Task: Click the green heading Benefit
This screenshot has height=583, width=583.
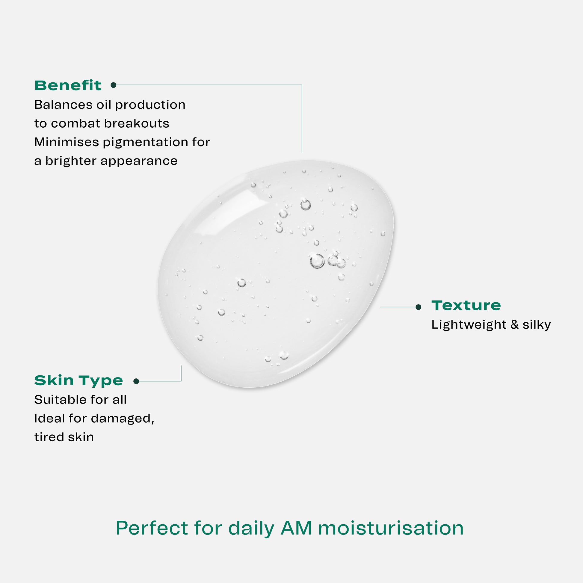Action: click(x=68, y=85)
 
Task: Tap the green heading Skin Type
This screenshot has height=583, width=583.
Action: click(x=78, y=381)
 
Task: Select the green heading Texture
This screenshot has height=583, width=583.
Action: click(x=466, y=305)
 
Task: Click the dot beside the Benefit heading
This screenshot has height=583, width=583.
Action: click(x=114, y=85)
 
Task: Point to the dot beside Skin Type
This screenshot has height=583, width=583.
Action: click(x=136, y=381)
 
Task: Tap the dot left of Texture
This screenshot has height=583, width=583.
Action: click(x=418, y=307)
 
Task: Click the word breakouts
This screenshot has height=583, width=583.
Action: click(x=137, y=123)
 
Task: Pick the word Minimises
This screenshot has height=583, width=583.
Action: click(x=67, y=142)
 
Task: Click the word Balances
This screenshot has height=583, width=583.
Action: click(x=64, y=105)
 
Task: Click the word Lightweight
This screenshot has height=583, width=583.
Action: click(x=469, y=325)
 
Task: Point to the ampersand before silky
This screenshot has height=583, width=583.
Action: click(x=514, y=325)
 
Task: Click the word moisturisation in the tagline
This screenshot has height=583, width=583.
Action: click(x=391, y=528)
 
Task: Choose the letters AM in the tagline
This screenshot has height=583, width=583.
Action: click(x=296, y=528)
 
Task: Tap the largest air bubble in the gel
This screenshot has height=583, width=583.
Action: click(x=317, y=261)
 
